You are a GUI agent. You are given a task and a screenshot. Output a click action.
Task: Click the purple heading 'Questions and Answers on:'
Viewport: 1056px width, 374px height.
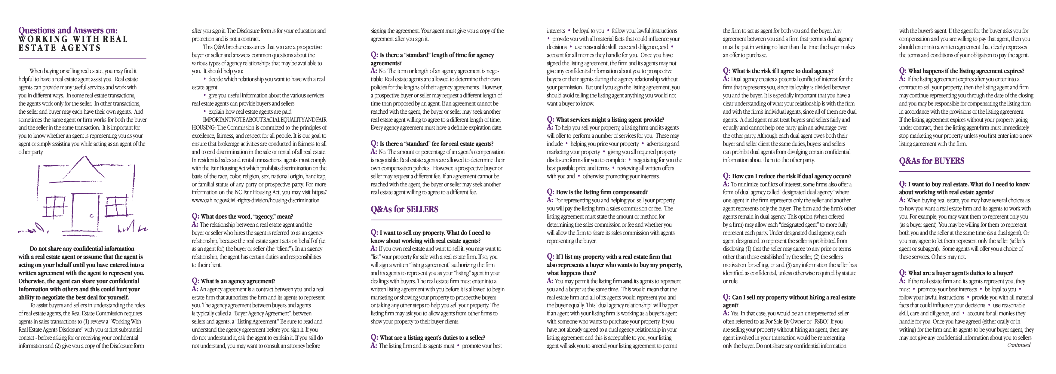click(68, 30)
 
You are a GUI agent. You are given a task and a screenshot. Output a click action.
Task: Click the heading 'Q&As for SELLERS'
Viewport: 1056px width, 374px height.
click(404, 209)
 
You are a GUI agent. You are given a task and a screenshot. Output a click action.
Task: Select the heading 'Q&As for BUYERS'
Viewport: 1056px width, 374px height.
click(932, 161)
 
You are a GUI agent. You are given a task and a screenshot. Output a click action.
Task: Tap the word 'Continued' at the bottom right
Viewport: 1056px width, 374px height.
click(1018, 345)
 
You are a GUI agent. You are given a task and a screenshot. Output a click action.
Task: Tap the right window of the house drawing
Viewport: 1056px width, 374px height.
click(117, 206)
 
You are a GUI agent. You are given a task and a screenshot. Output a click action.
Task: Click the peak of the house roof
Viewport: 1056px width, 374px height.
click(85, 157)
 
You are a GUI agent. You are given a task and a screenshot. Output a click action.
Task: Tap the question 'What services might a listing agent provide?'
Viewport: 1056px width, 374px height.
click(609, 120)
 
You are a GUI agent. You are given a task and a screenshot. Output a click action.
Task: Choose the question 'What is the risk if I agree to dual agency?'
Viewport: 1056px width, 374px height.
click(782, 71)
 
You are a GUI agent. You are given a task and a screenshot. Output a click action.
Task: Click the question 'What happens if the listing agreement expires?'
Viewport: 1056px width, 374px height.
click(966, 71)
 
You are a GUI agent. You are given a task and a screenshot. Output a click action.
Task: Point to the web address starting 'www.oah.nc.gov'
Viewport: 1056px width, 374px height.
click(256, 201)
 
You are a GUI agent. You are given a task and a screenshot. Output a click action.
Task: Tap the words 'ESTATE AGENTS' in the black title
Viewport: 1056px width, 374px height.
click(60, 48)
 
